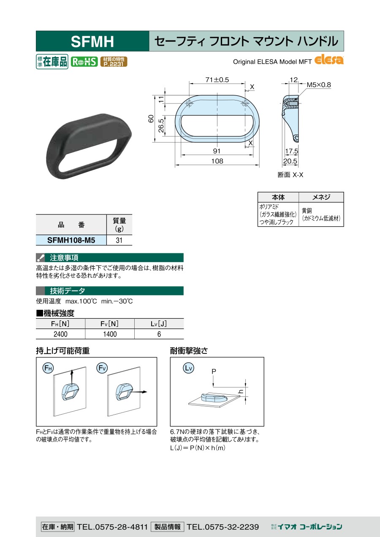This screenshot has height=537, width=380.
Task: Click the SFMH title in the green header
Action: pos(92,41)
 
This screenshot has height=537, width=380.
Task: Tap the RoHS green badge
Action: pos(84,62)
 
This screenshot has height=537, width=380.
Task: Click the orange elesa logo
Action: pos(329,60)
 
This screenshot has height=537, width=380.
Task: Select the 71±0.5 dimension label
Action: pos(217,80)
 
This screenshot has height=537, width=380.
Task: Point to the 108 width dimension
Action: pos(217,161)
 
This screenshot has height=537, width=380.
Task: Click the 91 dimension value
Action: pos(217,151)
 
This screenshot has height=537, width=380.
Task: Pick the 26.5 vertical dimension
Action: pos(161,126)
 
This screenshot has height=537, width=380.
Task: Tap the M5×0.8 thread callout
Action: pos(319,84)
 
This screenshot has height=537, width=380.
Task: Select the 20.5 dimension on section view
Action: pos(290,161)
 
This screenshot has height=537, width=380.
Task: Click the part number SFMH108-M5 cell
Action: pos(71,240)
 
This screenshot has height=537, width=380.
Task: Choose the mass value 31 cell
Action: pos(119,240)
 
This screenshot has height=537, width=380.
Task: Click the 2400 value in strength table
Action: pos(60,334)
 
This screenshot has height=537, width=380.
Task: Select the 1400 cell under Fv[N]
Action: pos(110,334)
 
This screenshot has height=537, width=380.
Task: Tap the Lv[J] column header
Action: pos(159,324)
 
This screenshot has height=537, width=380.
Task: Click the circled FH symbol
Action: pos(48,368)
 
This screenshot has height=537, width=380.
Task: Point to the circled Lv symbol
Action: pos(188,368)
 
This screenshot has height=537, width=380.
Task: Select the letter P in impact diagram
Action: pos(214,372)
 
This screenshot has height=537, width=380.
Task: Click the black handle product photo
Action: pos(89,146)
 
